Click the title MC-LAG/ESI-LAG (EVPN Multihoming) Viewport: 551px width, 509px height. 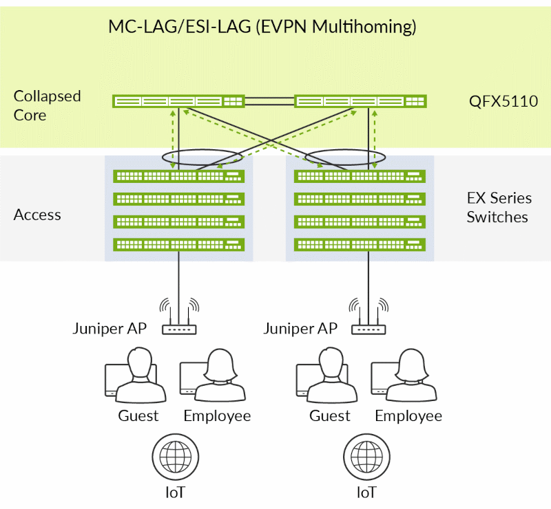click(262, 27)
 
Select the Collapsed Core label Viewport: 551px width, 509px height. click(48, 105)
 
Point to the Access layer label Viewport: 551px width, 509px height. click(37, 215)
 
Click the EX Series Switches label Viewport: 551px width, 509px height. click(499, 208)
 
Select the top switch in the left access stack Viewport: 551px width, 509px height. click(178, 176)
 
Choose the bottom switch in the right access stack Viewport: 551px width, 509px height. click(360, 244)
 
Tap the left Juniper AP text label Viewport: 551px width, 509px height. click(110, 328)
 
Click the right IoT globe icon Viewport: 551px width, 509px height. click(366, 455)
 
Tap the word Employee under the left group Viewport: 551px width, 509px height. click(217, 416)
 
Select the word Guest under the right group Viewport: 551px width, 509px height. click(330, 416)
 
